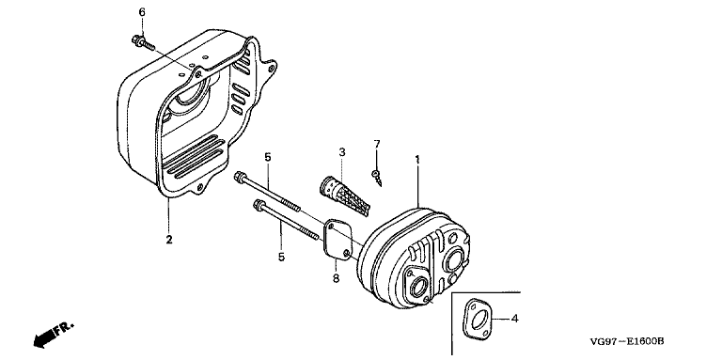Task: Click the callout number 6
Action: tap(142, 12)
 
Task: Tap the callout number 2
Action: tap(169, 240)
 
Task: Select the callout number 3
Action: tap(342, 151)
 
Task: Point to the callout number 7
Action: tap(377, 144)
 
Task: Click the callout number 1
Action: tap(417, 160)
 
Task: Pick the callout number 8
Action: tap(336, 278)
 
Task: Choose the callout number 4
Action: tap(515, 318)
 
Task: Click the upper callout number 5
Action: tap(268, 157)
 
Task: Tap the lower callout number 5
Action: tap(281, 257)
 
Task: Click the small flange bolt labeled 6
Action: tap(143, 43)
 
